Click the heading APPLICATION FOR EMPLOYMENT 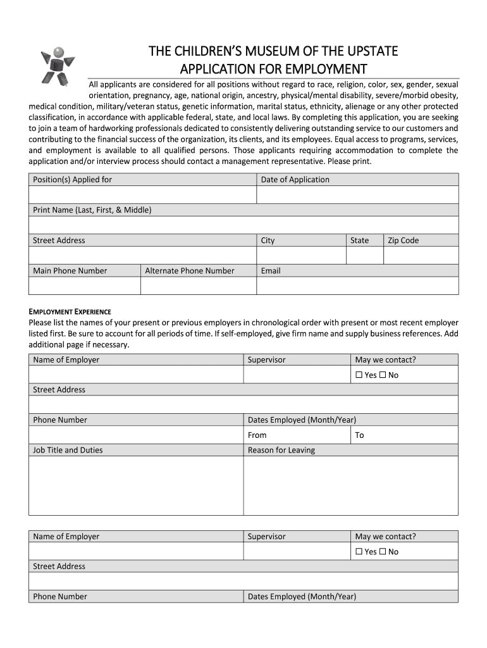tap(273, 68)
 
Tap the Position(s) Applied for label tap(72, 180)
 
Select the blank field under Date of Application tap(357, 195)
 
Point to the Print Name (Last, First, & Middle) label tap(92, 210)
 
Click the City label tap(268, 240)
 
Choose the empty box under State tap(364, 255)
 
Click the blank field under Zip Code tap(421, 255)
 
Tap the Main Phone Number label tap(70, 271)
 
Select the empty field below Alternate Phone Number tap(198, 286)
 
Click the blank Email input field tap(357, 286)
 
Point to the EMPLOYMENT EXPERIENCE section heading tap(70, 312)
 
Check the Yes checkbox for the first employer tap(359, 375)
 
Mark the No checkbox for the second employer tap(382, 552)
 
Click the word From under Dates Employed tap(257, 435)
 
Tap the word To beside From tap(360, 435)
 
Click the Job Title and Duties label tap(68, 451)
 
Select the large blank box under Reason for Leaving tap(350, 485)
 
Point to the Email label tap(271, 271)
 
